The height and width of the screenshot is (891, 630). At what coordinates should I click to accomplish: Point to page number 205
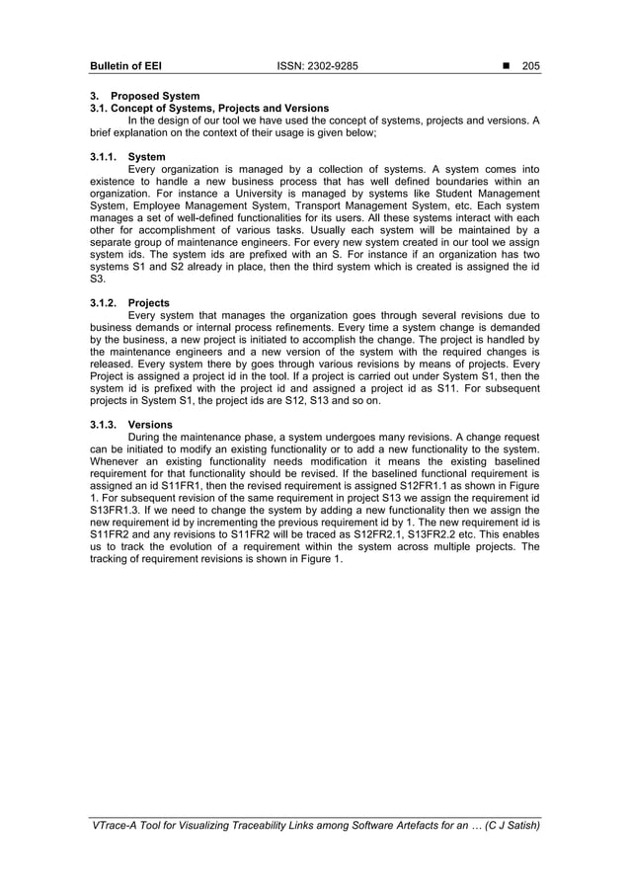(530, 66)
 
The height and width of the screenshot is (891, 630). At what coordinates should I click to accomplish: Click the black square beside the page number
(505, 66)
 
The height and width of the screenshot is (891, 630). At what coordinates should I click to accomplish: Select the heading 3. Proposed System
(144, 96)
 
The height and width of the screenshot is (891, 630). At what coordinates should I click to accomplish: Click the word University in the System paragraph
(270, 194)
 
